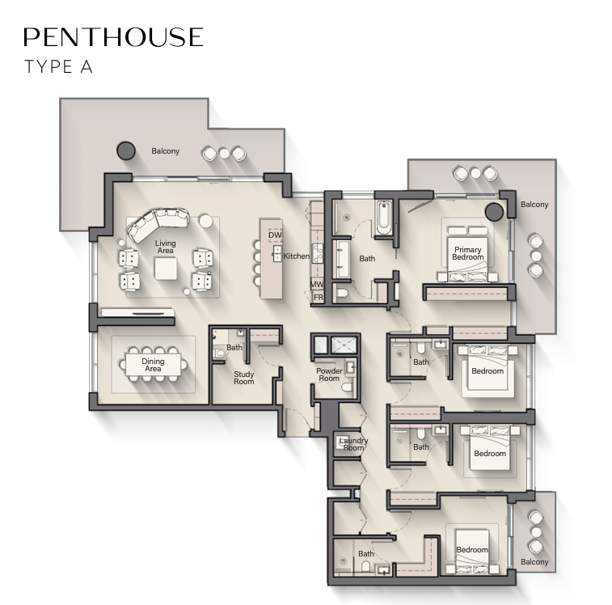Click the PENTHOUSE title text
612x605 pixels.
(113, 37)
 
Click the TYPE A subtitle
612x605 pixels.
(58, 67)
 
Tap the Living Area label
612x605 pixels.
(165, 247)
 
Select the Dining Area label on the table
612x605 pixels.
(153, 365)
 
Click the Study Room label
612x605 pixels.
(244, 378)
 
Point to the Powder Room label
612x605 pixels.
(329, 374)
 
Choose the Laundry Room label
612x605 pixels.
(353, 444)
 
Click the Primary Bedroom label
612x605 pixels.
(467, 253)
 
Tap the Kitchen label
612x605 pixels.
(296, 256)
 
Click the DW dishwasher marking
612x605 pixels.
(275, 235)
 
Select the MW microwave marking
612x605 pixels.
(317, 285)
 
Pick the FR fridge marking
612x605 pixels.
(319, 297)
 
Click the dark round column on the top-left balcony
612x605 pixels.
(126, 150)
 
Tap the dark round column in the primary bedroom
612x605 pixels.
(495, 212)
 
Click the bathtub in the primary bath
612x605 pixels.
(384, 218)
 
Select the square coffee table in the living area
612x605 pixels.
(166, 269)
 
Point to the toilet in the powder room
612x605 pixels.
(347, 387)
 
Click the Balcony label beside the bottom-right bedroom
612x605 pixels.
(534, 561)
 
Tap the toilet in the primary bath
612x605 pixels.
(342, 293)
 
